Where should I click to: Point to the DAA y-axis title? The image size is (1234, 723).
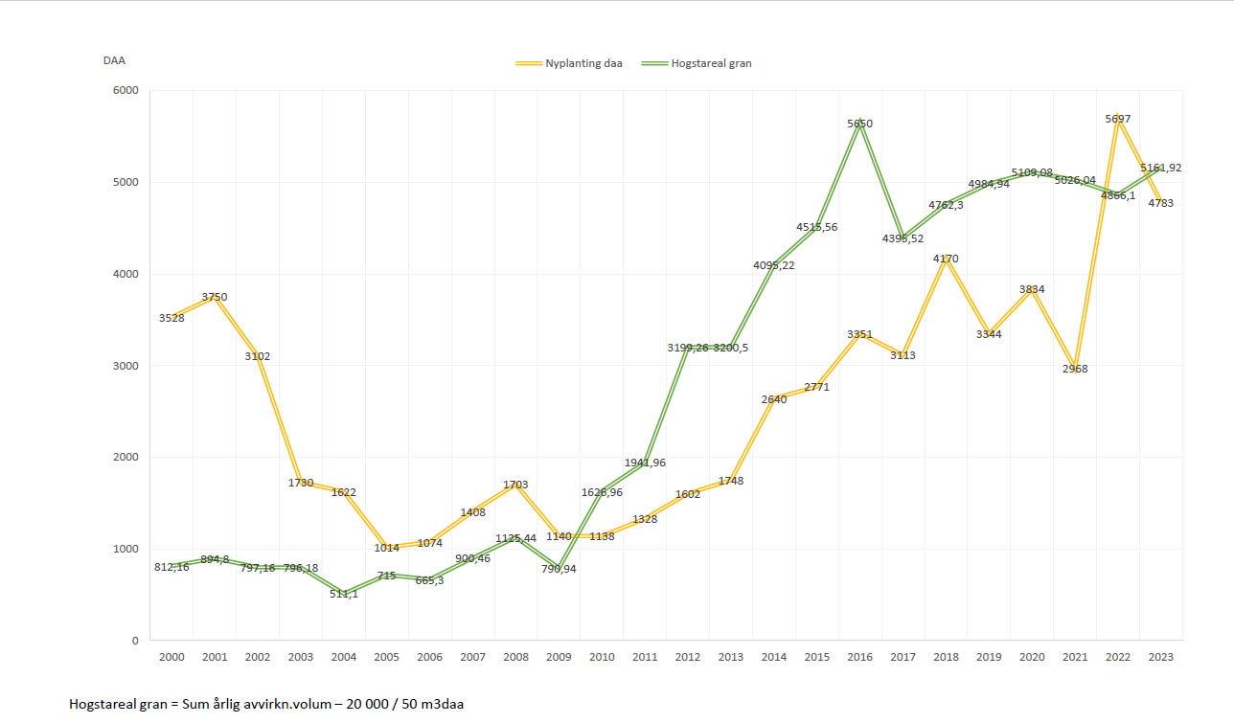click(x=114, y=60)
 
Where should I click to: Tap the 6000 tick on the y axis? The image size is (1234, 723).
click(x=126, y=91)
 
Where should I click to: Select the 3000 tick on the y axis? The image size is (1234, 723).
click(x=126, y=366)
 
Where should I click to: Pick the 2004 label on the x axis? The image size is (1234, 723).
click(x=343, y=657)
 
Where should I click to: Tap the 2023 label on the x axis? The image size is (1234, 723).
click(x=1159, y=657)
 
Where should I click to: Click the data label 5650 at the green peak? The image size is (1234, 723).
click(x=859, y=124)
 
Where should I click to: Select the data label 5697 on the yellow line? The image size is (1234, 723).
click(x=1117, y=119)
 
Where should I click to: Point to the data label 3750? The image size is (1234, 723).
click(x=215, y=297)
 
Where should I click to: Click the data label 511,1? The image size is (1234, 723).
click(x=343, y=594)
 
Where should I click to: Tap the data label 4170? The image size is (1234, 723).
click(x=946, y=259)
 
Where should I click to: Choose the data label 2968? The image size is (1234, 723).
click(x=1074, y=369)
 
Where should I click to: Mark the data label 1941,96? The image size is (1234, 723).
click(x=644, y=463)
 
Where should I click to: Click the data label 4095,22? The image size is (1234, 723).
click(x=773, y=265)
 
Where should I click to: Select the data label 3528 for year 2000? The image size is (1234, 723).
click(x=171, y=317)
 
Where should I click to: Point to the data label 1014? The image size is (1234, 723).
click(x=386, y=548)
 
